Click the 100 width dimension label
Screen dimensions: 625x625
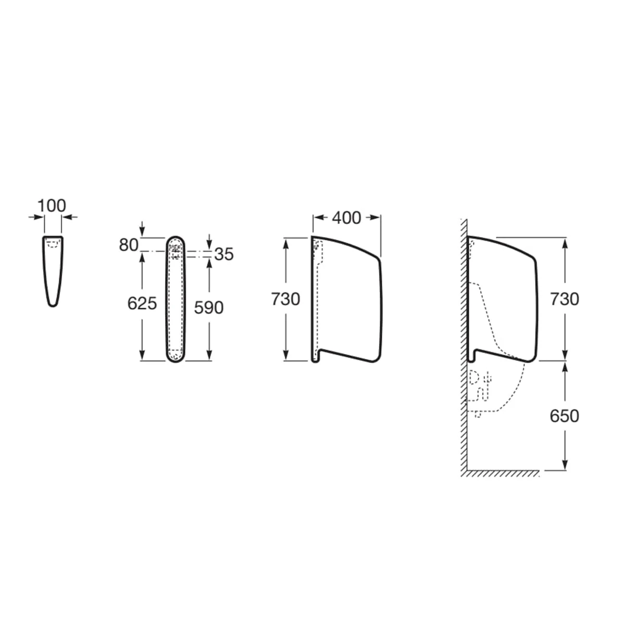52,206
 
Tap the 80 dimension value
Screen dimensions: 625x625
129,245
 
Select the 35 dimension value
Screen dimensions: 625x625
224,254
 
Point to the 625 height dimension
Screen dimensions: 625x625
142,304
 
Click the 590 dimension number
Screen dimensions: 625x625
209,307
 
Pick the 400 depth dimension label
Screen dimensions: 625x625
346,218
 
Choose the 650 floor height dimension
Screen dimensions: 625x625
565,416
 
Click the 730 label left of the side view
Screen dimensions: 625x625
285,299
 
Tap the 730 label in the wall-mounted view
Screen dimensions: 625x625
565,299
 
